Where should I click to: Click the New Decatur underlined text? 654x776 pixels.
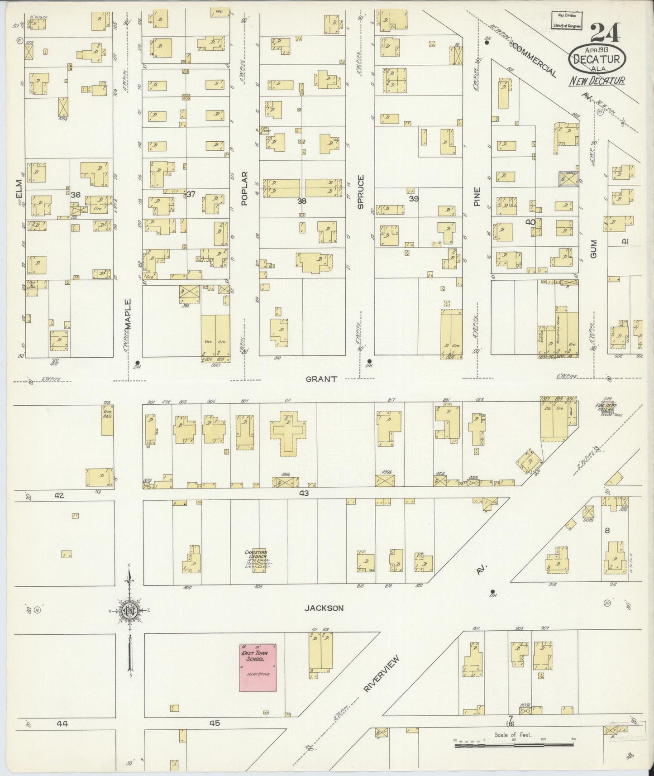tap(597, 81)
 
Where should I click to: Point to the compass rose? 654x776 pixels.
tap(130, 611)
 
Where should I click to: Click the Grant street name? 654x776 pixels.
tap(321, 379)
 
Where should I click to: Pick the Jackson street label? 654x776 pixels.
tap(324, 608)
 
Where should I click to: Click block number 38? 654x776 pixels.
tap(302, 201)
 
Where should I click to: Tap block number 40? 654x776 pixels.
tap(530, 221)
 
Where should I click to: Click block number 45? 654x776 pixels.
tap(215, 723)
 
